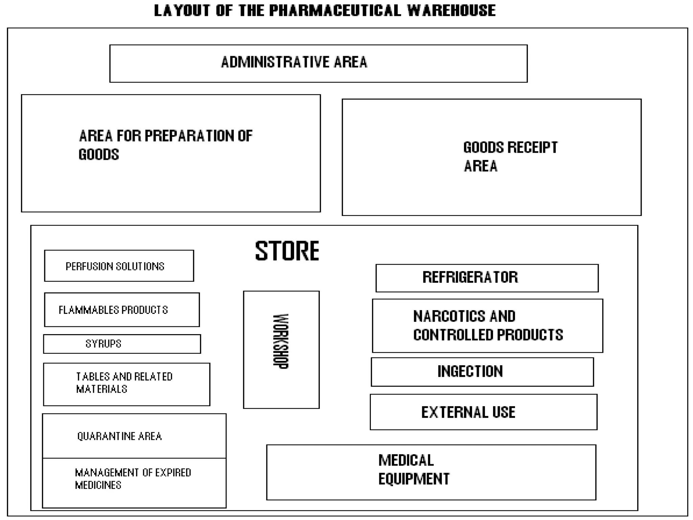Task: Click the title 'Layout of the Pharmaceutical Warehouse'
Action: pos(325,10)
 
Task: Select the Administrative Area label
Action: pos(294,62)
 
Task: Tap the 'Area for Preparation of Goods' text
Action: pos(165,145)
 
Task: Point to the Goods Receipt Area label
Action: pos(510,156)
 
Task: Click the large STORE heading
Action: pos(287,251)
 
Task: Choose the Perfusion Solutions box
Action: pos(119,266)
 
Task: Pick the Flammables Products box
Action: pos(122,310)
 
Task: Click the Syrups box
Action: pos(122,344)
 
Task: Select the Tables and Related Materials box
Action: pos(127,384)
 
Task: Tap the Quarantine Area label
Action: pos(119,436)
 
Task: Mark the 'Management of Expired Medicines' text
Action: pos(133,478)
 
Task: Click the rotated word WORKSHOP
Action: pos(281,341)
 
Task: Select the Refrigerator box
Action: pos(487,278)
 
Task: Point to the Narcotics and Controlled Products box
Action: pos(487,326)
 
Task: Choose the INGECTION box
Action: pos(482,372)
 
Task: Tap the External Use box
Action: pos(483,412)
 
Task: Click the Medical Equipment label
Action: pos(413,470)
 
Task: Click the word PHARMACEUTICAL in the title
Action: pos(335,10)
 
